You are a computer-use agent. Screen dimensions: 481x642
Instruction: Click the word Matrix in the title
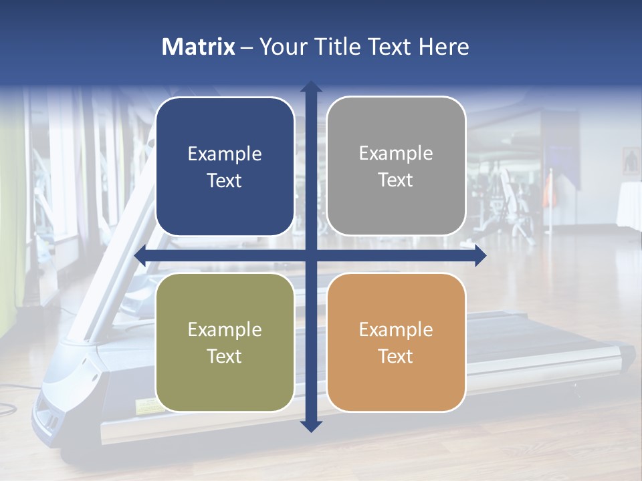199,47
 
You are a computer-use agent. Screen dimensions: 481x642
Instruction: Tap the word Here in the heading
443,47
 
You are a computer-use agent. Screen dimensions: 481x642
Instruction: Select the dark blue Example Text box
225,166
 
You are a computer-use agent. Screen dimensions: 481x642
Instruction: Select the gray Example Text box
396,166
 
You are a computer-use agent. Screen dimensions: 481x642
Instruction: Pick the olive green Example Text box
225,342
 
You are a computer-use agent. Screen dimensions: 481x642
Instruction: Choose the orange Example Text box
396,342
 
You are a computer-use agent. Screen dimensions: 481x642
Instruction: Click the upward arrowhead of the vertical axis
311,88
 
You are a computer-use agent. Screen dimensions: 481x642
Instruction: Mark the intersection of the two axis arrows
311,256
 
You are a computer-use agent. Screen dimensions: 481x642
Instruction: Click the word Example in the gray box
396,153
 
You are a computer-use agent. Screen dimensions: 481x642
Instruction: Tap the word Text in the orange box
396,356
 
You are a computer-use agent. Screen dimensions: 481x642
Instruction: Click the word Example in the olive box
225,329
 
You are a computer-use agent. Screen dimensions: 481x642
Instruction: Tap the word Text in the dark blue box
225,180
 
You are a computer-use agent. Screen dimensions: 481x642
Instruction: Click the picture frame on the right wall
631,160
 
